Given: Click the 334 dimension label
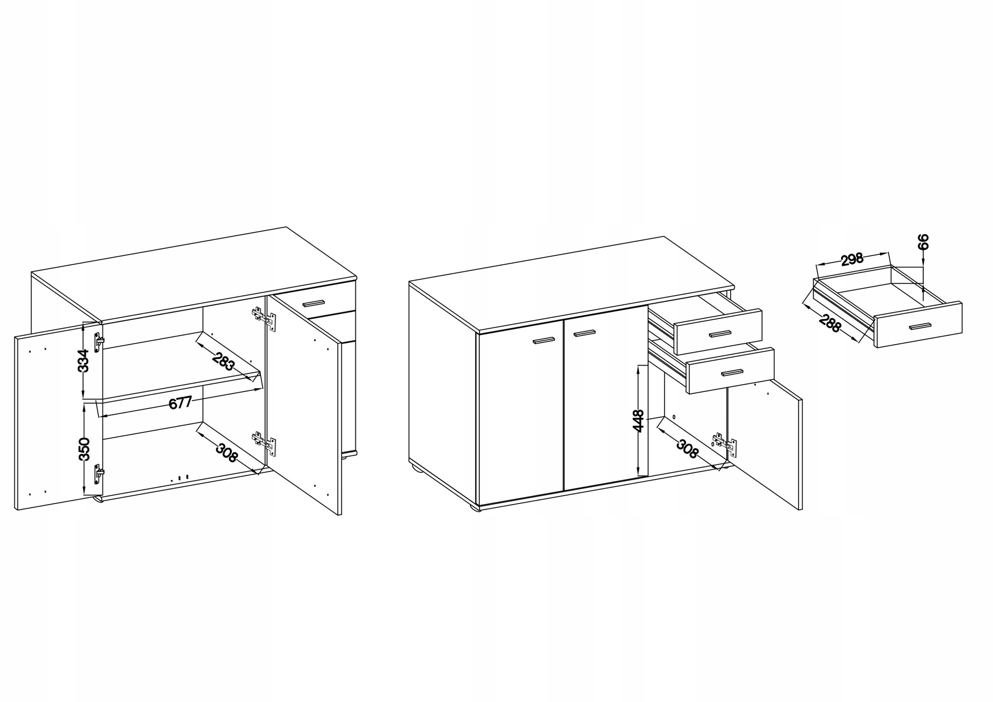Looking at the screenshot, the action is (x=84, y=360).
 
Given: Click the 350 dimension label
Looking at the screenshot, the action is (x=84, y=449).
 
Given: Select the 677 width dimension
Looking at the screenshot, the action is (x=179, y=403).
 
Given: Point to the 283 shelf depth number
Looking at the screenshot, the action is (x=224, y=361).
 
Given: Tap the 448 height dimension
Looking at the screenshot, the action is (x=638, y=421).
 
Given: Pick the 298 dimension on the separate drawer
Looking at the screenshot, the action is (x=853, y=259).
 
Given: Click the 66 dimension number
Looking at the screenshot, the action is (x=923, y=242).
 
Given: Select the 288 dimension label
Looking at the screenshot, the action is (x=830, y=324).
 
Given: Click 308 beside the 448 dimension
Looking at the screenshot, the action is (x=687, y=449).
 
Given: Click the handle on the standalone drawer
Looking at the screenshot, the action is (x=919, y=326).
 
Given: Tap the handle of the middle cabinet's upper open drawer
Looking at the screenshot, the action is (x=720, y=333).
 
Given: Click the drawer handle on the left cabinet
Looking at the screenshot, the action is (x=313, y=303).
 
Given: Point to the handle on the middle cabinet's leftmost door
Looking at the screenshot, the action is (x=544, y=340).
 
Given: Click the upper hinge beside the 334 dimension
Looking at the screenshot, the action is (x=99, y=342).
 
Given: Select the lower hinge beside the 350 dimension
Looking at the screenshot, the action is (x=99, y=473).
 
